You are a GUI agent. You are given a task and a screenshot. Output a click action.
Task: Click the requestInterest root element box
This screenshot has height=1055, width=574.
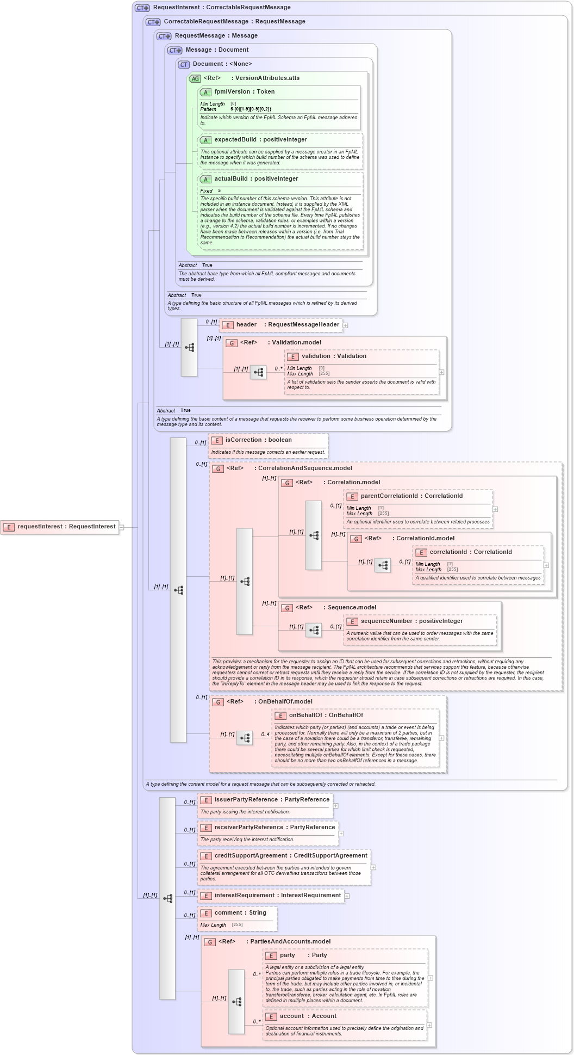point(60,527)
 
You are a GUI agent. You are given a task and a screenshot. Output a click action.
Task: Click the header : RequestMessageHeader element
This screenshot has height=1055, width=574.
point(281,325)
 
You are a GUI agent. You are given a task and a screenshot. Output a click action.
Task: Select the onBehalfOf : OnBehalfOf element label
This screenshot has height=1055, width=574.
point(326,715)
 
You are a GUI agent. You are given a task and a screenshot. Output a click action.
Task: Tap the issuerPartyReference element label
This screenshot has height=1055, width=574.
point(272,800)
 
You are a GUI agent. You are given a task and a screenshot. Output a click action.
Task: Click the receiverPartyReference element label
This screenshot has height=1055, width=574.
point(274,828)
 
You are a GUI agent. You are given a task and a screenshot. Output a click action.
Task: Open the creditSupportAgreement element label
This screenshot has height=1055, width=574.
point(291,856)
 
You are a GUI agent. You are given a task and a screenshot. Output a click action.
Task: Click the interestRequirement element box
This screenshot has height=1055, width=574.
point(271,896)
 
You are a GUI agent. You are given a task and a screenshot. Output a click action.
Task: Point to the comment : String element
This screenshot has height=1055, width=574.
point(240,913)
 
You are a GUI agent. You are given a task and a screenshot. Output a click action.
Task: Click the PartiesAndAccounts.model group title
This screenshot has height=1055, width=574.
point(290,942)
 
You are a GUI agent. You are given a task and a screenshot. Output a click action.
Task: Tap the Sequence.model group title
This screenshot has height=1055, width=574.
point(352,608)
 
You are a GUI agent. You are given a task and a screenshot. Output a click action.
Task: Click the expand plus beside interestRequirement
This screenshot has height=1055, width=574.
point(347,896)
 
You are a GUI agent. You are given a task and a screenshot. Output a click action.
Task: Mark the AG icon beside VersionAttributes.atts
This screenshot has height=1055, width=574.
point(195,79)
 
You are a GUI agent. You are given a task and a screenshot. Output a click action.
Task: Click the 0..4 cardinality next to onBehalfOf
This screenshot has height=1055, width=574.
point(265,735)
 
